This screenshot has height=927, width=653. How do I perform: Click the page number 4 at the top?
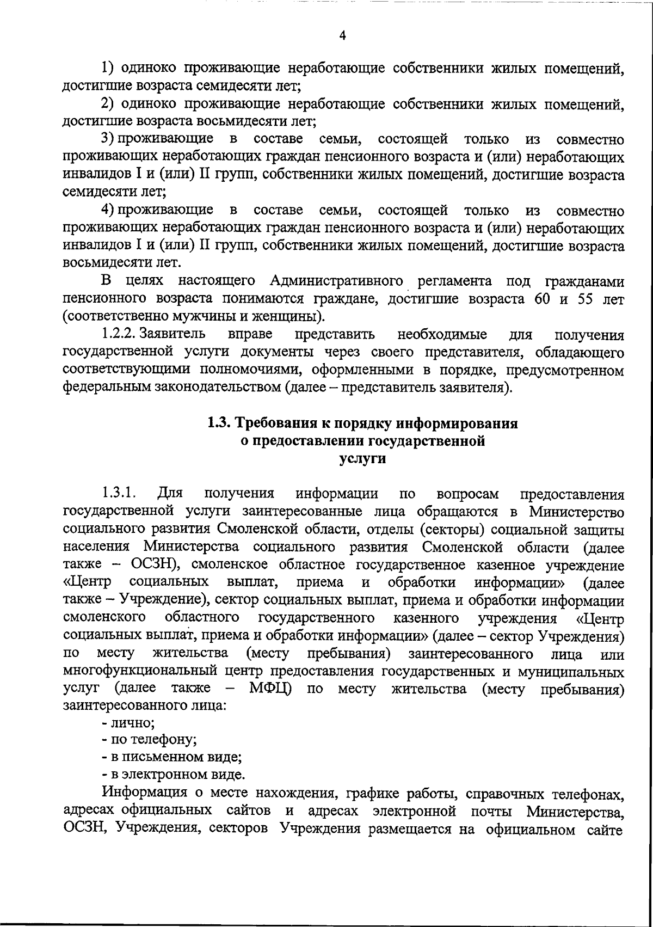(342, 36)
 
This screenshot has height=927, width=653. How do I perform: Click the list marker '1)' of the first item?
(107, 69)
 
